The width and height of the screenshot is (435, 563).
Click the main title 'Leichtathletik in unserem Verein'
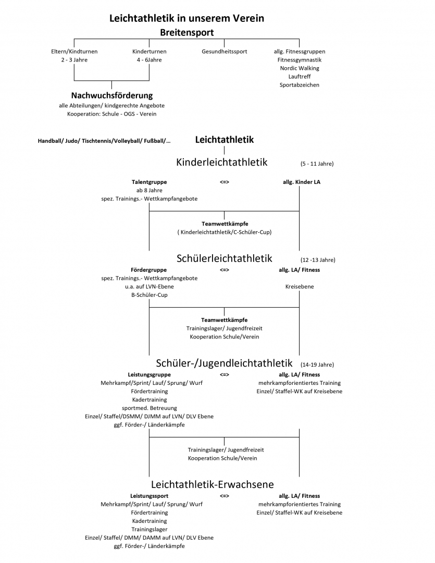point(187,18)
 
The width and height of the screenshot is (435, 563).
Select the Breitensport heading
point(187,33)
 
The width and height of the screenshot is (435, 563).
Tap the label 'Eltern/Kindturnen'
point(74,52)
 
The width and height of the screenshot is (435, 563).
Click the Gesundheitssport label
point(225,52)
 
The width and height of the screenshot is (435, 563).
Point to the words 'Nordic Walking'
point(300,68)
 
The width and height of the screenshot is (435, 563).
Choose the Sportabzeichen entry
point(300,85)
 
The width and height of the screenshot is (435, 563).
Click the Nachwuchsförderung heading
point(111,95)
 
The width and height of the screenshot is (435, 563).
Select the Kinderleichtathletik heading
point(221,162)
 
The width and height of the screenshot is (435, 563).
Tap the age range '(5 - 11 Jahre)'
point(317,164)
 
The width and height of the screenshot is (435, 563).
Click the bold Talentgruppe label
point(150,182)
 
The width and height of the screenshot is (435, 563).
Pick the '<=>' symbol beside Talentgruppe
point(225,182)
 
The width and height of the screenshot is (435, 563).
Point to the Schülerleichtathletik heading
point(225,258)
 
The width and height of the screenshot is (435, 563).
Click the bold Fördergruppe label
point(149,270)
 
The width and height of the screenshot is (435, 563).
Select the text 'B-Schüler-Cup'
point(150,295)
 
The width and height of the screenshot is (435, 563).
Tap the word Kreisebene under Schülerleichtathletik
point(300,286)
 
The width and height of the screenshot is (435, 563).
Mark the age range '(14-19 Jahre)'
point(317,365)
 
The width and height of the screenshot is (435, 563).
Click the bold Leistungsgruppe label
point(150,375)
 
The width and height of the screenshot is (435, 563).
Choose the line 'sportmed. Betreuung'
point(150,408)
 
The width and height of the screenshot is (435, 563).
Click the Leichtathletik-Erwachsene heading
point(213,484)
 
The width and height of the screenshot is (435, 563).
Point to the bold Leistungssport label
point(150,496)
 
